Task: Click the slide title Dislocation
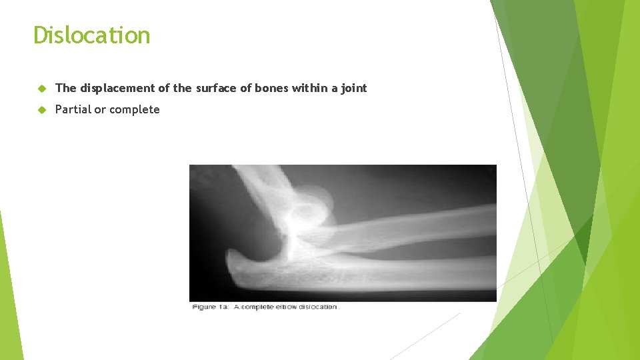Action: pyautogui.click(x=91, y=35)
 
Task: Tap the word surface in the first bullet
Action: pyautogui.click(x=215, y=88)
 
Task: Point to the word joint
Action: pyautogui.click(x=353, y=88)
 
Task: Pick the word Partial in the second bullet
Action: pyautogui.click(x=72, y=110)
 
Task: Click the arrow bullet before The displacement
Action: pyautogui.click(x=41, y=89)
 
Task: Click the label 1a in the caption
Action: pyautogui.click(x=223, y=307)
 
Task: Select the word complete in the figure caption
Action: pyautogui.click(x=263, y=307)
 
